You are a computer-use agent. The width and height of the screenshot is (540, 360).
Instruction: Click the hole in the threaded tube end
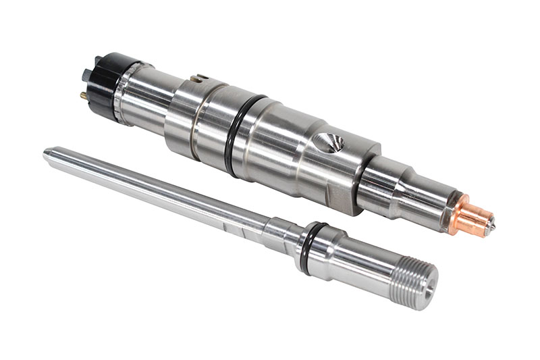[427, 291]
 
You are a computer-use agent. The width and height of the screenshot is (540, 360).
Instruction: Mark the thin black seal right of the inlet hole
[362, 169]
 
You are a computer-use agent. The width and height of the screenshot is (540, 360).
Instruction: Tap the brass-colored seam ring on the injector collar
[193, 118]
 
